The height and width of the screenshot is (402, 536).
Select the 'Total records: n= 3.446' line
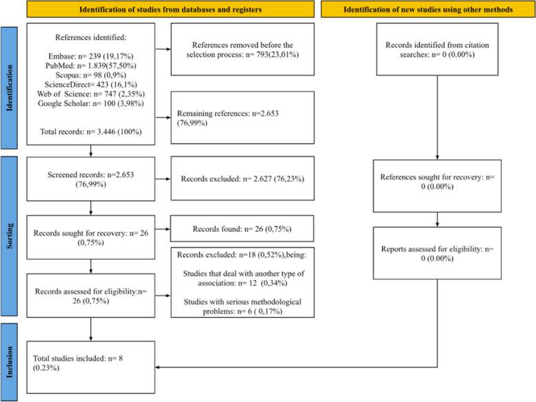[83, 131]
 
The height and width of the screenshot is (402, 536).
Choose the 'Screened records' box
[90, 178]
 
